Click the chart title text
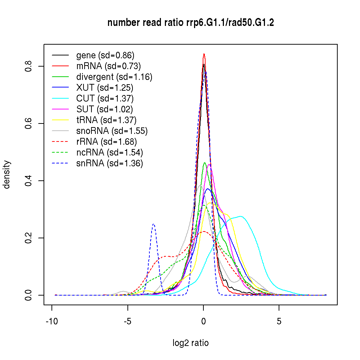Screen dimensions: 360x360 click(x=190, y=23)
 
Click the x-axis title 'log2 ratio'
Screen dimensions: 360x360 click(x=190, y=343)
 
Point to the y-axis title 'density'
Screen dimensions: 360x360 click(x=7, y=174)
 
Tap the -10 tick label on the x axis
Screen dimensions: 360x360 click(x=52, y=321)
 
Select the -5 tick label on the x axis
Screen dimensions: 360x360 click(x=127, y=321)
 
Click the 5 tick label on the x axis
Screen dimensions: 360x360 click(x=279, y=321)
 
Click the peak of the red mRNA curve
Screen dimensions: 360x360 click(x=204, y=54)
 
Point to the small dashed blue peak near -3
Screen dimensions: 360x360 click(x=154, y=224)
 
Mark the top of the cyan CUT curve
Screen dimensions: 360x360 click(x=240, y=216)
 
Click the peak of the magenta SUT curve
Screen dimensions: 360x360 click(x=209, y=164)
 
